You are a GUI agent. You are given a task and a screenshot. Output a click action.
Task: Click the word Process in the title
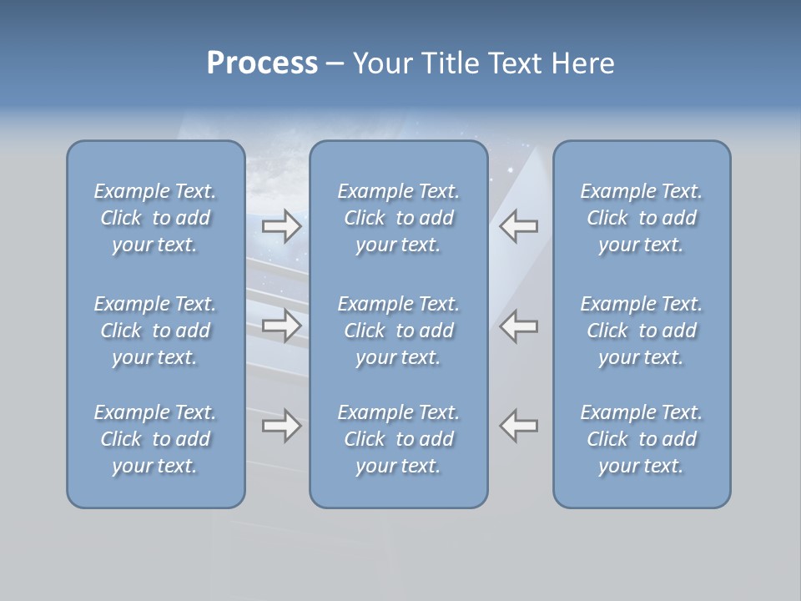pos(262,63)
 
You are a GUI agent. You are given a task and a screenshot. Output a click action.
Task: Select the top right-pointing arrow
pos(282,226)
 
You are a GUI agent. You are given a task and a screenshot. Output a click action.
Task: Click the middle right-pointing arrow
pos(282,326)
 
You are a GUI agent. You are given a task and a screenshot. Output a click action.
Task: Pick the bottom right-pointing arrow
pos(282,426)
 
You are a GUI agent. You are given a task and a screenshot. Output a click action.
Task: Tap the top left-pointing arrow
pos(519,226)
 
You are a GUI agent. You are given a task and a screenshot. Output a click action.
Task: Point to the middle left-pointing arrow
pos(519,326)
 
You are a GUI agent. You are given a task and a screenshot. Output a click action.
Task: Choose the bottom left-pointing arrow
pos(519,426)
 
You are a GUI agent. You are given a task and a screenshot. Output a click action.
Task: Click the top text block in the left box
pos(155,218)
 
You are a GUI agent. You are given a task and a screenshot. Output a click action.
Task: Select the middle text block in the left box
pos(155,331)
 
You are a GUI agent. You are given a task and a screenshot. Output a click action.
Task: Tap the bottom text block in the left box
pos(155,439)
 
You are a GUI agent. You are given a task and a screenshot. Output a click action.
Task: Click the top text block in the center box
pos(399,218)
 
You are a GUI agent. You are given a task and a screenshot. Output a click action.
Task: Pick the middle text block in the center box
pos(399,331)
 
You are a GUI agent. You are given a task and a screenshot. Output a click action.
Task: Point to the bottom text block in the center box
pos(399,439)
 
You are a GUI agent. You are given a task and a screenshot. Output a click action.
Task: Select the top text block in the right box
pos(642,218)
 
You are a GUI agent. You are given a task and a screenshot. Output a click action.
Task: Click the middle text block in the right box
pos(642,331)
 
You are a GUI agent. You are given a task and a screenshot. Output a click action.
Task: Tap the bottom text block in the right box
pos(642,439)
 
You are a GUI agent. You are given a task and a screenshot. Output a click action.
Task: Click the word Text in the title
pos(516,63)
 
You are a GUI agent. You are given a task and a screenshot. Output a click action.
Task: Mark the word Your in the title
pos(383,63)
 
